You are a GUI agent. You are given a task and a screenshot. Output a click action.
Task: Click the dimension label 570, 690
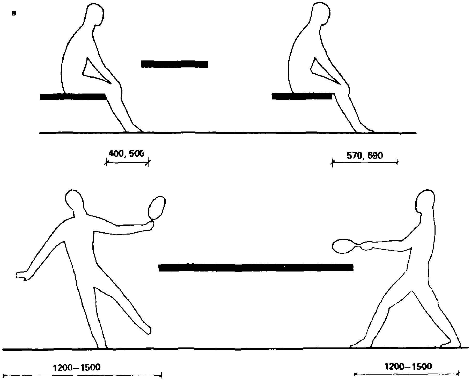coord(365,156)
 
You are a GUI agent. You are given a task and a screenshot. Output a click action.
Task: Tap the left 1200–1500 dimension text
coord(77,367)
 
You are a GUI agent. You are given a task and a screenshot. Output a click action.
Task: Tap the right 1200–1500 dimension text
coord(408,366)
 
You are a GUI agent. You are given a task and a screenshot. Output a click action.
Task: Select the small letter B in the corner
coord(14,14)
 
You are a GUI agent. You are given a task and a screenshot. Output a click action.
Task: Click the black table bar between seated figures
coord(174,64)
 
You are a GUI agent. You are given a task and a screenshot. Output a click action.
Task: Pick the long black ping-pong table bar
coord(256,267)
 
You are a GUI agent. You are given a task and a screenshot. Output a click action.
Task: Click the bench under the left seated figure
coord(73,97)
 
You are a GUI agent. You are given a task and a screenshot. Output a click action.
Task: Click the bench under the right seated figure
coord(302,96)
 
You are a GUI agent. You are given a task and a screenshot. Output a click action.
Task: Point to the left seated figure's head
coord(95,14)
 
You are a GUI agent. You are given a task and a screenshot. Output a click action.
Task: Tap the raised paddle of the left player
coord(157,208)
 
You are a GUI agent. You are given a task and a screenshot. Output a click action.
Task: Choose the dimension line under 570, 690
coord(365,162)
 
